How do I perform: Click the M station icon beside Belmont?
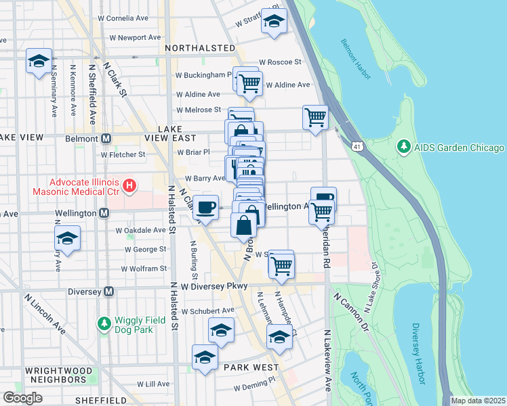click(106, 139)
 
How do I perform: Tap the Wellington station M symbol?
click(104, 213)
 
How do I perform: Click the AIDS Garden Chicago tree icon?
click(404, 147)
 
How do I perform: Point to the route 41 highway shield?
click(356, 145)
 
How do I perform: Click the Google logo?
click(22, 398)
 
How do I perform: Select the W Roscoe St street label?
click(279, 62)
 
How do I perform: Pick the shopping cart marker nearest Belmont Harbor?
click(316, 116)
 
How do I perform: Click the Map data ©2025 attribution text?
click(478, 401)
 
